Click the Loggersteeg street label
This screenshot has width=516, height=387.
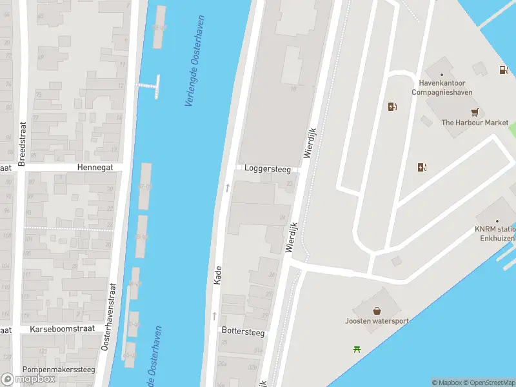pyautogui.click(x=267, y=169)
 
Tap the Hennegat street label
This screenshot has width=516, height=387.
pyautogui.click(x=95, y=166)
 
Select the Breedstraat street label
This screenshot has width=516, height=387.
pyautogui.click(x=21, y=144)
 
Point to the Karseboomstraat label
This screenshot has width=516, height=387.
pyautogui.click(x=62, y=328)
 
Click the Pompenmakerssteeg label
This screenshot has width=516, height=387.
pyautogui.click(x=59, y=370)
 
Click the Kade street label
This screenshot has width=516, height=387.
pyautogui.click(x=217, y=276)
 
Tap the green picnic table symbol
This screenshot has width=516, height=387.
pyautogui.click(x=357, y=350)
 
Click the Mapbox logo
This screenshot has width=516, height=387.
pyautogui.click(x=29, y=379)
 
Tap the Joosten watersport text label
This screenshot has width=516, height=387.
pyautogui.click(x=376, y=321)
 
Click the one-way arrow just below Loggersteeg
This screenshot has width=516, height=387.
pyautogui.click(x=227, y=188)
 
